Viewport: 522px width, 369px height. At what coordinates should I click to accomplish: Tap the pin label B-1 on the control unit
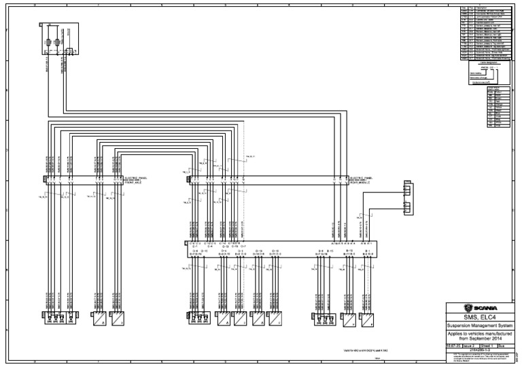pyautogui.click(x=366, y=251)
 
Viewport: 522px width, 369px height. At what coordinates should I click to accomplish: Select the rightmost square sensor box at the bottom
pyautogui.click(x=368, y=319)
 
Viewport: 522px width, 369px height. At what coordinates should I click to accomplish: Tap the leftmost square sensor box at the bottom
pyautogui.click(x=99, y=319)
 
